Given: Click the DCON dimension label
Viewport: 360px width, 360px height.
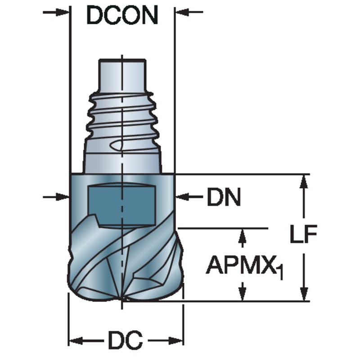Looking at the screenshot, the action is click(x=122, y=15).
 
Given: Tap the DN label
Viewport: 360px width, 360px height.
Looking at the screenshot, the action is click(x=224, y=197).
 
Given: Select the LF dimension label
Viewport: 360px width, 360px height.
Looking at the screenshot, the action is click(x=303, y=234).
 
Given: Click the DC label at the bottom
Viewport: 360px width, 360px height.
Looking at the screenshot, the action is click(x=126, y=340).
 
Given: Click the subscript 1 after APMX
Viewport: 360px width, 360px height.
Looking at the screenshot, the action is click(x=280, y=272).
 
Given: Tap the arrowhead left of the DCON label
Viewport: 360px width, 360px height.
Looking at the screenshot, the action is click(x=62, y=12).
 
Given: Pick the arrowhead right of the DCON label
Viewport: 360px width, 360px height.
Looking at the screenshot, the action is click(x=182, y=12).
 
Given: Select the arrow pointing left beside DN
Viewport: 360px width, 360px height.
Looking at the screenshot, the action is click(x=189, y=197).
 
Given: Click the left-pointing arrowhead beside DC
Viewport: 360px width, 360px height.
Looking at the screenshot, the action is click(x=76, y=341).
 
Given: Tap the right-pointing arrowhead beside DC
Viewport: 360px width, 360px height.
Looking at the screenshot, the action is click(x=176, y=341).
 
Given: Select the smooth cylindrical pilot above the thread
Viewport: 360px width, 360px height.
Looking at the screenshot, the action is click(x=122, y=75).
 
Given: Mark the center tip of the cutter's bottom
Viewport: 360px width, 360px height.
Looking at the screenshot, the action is click(x=122, y=299).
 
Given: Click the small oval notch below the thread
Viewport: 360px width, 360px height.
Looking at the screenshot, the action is click(x=117, y=145).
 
